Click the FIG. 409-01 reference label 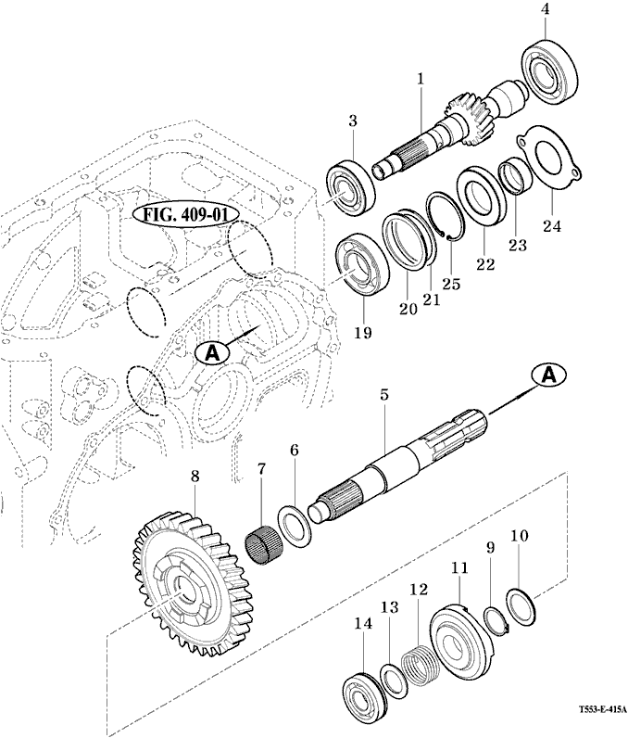pyautogui.click(x=186, y=215)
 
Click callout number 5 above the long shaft pyautogui.click(x=383, y=395)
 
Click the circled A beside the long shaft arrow pyautogui.click(x=548, y=374)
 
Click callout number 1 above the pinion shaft pyautogui.click(x=420, y=78)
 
